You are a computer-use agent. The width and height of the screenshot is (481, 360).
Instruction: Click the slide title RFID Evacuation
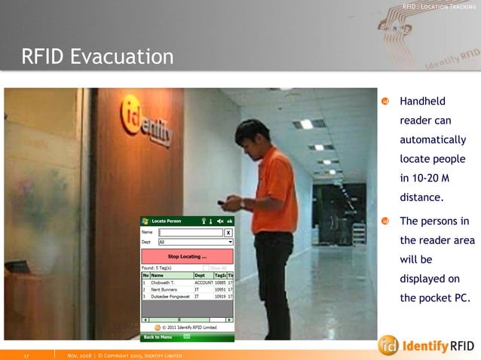(97, 56)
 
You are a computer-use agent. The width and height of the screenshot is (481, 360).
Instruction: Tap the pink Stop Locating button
(187, 257)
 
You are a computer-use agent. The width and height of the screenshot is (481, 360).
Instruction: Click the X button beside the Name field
(228, 233)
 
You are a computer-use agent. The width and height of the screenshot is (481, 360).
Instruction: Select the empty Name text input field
(191, 233)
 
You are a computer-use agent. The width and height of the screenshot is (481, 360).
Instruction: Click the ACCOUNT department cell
(204, 282)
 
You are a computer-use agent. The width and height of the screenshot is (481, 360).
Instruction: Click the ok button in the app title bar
(230, 221)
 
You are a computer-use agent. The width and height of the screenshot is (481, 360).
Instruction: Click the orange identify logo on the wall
(146, 121)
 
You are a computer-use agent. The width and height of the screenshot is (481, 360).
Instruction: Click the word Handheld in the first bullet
(422, 101)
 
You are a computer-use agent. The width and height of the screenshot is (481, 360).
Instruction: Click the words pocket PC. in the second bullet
(435, 297)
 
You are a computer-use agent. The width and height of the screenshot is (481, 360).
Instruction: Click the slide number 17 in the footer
(26, 355)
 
